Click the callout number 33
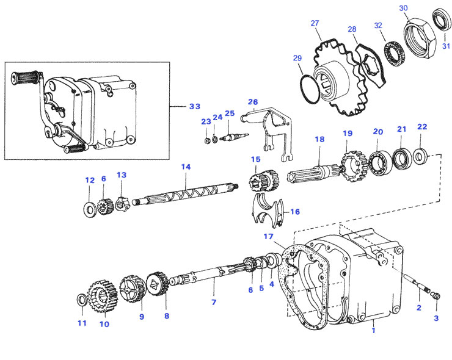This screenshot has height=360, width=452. [194, 106]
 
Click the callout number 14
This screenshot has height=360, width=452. [186, 167]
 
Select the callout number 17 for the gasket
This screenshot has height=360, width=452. [268, 237]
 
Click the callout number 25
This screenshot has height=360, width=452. [229, 113]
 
